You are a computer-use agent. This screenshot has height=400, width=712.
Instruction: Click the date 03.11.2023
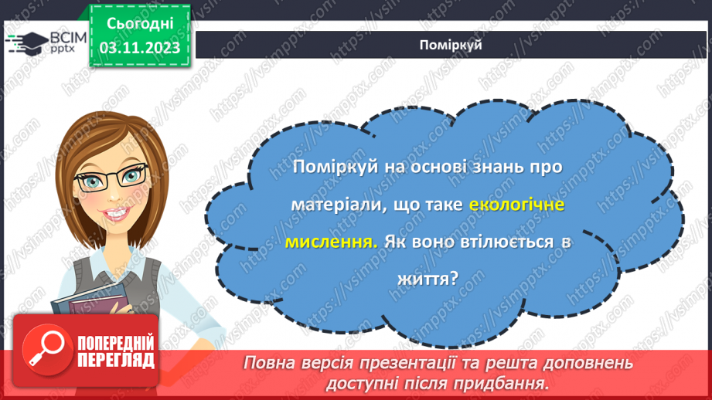click(x=139, y=48)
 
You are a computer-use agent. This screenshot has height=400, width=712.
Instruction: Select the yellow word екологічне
click(x=517, y=205)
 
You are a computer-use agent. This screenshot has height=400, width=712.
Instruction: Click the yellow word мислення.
click(x=332, y=242)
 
